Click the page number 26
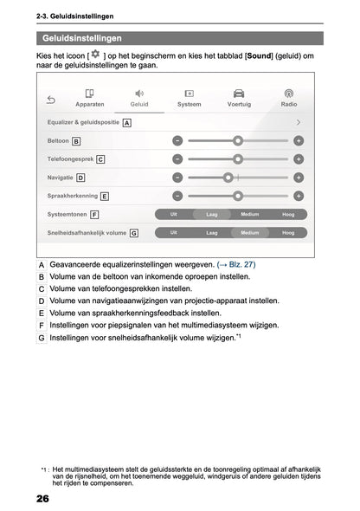click(42, 500)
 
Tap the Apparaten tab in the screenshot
click(89, 98)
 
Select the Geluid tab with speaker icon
click(139, 98)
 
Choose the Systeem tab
click(189, 98)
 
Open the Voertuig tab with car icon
click(239, 98)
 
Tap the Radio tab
click(289, 98)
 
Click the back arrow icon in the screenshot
click(51, 100)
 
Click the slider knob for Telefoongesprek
click(238, 158)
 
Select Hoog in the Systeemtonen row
click(288, 214)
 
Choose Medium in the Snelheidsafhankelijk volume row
click(250, 232)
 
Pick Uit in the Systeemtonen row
click(174, 214)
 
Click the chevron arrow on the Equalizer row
click(299, 122)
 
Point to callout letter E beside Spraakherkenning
click(105, 196)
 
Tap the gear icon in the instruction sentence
click(95, 55)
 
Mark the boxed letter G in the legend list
click(42, 337)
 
